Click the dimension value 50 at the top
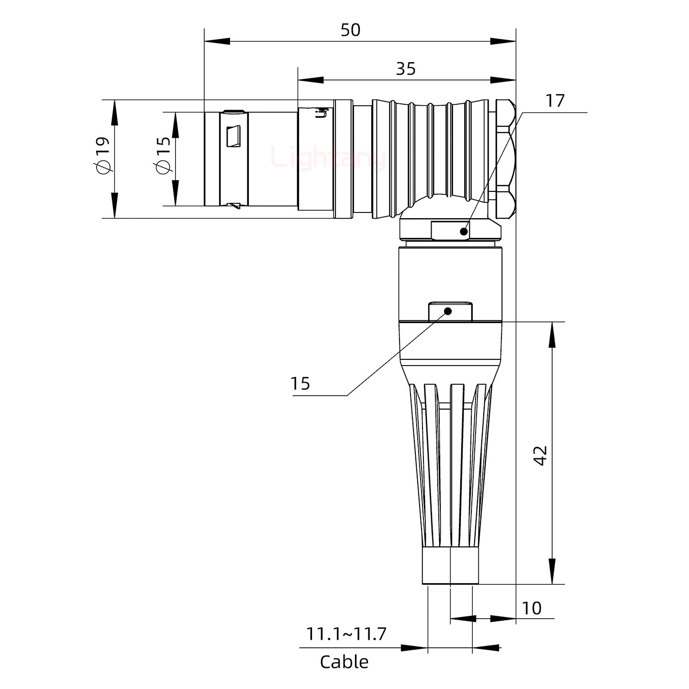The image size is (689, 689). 350,30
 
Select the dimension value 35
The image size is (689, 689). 406,69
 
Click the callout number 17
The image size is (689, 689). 555,101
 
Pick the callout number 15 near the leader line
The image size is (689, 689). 300,384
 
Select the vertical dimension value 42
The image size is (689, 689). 541,455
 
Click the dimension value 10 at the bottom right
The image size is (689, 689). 532,608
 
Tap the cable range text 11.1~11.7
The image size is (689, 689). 346,634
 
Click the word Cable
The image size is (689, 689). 344,662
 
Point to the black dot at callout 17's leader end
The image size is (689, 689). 463,232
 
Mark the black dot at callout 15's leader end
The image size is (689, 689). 448,311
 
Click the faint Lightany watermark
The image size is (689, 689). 328,158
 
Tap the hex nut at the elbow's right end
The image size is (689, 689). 505,158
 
